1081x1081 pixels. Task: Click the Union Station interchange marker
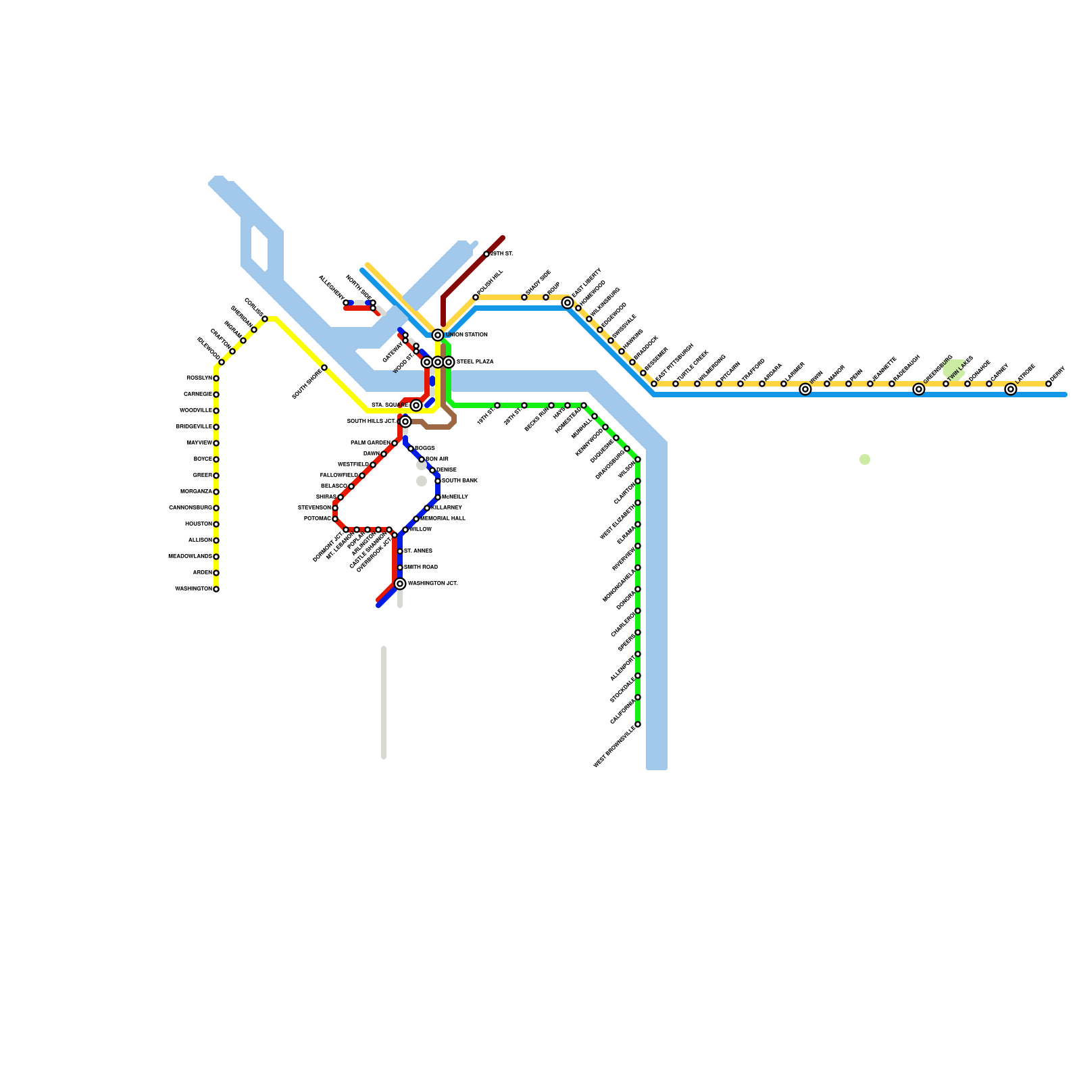click(x=438, y=335)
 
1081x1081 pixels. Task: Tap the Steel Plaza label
click(x=475, y=362)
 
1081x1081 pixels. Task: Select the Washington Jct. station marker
click(x=400, y=584)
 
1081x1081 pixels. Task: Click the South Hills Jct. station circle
click(x=405, y=422)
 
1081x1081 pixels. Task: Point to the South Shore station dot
click(x=324, y=368)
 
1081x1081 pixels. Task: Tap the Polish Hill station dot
click(x=476, y=297)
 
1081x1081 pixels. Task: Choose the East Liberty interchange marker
click(x=568, y=303)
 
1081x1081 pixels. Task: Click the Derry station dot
click(x=1049, y=384)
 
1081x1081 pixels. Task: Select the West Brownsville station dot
click(x=638, y=724)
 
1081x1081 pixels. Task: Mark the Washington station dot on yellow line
click(x=216, y=589)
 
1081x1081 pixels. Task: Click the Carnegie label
click(x=197, y=395)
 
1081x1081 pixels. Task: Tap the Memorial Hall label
click(x=443, y=519)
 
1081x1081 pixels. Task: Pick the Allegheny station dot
click(x=346, y=303)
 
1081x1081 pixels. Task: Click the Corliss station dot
click(x=265, y=319)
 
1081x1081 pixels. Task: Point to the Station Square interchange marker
click(x=416, y=405)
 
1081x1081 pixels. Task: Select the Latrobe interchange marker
click(x=1011, y=389)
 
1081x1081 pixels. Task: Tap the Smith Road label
click(x=421, y=568)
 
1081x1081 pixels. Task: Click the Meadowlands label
click(x=190, y=557)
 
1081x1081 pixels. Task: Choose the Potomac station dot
click(x=335, y=519)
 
